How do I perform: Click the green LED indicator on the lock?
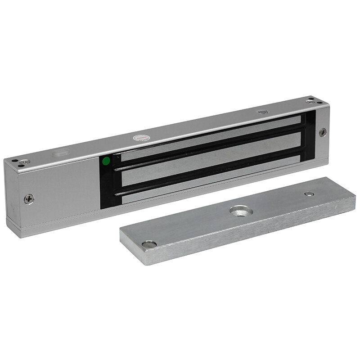[x=106, y=161]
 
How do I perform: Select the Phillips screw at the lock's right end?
[x=323, y=132]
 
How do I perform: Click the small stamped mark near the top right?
[x=262, y=113]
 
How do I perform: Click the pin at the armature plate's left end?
[x=148, y=244]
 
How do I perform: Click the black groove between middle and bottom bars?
[x=207, y=169]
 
